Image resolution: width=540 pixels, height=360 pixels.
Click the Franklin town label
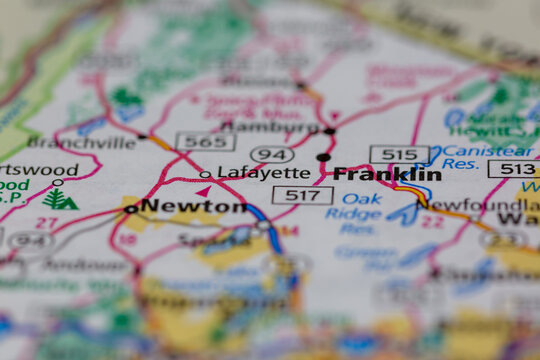click(387, 174)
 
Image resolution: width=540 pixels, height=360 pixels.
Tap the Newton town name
click(193, 206)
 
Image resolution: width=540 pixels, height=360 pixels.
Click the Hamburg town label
click(269, 127)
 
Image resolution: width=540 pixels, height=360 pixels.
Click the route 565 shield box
click(205, 141)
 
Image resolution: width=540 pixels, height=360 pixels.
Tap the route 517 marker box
click(302, 195)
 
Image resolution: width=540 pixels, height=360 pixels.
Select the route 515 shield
click(399, 154)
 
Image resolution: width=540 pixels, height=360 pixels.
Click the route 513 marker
click(513, 169)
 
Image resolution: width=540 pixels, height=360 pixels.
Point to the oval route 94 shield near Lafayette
click(272, 154)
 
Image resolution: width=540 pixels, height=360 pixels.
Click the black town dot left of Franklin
click(323, 157)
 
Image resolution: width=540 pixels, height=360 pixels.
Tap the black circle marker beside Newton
click(131, 209)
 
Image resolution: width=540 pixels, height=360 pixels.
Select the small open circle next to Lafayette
click(205, 174)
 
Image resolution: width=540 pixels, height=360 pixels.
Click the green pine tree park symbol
click(59, 199)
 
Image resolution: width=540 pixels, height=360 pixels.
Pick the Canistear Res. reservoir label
click(474, 157)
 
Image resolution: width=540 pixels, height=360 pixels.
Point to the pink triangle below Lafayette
click(203, 190)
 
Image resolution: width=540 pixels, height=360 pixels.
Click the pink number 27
click(45, 223)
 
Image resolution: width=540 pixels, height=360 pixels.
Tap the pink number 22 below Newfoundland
click(431, 222)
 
